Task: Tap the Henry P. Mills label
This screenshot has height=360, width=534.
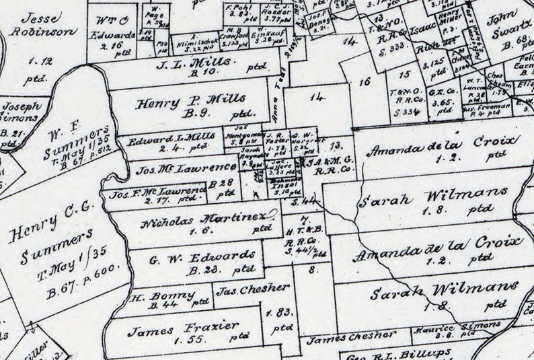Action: [182, 104]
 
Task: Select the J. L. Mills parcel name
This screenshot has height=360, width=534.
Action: [194, 64]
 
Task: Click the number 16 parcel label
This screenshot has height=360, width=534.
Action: [365, 82]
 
